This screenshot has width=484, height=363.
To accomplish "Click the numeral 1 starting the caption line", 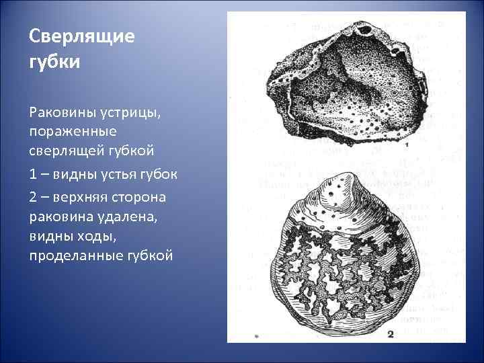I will point(33,175).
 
